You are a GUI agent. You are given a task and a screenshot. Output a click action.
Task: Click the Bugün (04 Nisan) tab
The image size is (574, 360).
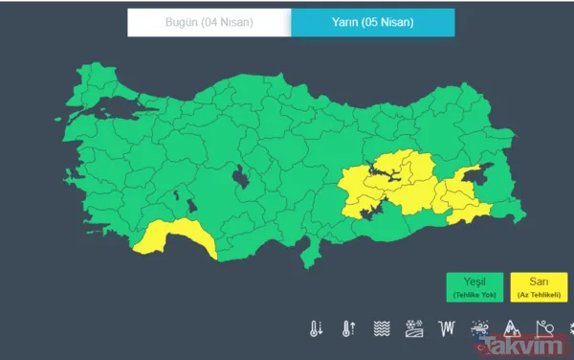209,22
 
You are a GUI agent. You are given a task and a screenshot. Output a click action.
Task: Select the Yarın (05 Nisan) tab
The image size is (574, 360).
372,22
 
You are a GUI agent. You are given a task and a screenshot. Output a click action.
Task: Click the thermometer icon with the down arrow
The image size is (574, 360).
316,329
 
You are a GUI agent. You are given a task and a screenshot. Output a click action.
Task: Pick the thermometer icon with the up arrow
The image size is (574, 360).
348,329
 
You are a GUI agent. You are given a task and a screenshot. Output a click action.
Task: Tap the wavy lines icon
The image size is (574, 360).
381,329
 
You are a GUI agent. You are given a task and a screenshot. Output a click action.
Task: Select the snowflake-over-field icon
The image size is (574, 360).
413,329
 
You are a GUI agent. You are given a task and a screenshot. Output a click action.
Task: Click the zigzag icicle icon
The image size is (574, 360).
445,329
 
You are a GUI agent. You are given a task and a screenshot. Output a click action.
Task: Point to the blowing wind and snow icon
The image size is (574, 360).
477,329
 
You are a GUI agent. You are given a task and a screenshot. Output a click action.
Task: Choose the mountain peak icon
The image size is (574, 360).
511,329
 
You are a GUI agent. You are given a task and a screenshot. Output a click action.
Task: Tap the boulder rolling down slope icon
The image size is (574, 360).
542,329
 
